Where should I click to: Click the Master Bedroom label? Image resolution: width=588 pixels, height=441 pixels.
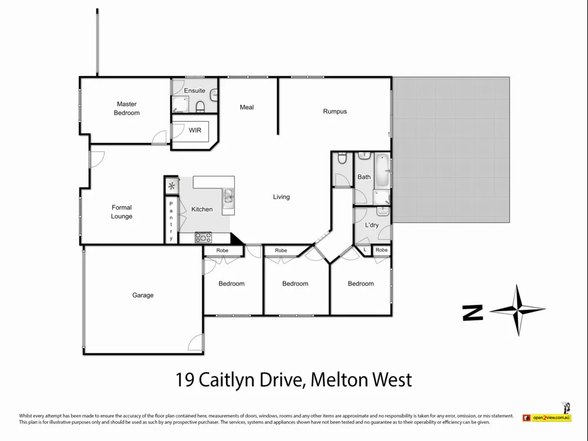(126, 108)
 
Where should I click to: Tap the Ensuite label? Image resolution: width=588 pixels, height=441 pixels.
(195, 91)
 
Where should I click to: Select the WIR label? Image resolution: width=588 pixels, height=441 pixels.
(195, 130)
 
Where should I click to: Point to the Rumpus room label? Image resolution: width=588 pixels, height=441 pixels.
(335, 111)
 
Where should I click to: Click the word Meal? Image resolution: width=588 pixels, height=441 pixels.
(247, 107)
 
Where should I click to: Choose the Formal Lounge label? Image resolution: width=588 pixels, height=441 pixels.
(122, 212)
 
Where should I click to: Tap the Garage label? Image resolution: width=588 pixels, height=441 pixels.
(143, 295)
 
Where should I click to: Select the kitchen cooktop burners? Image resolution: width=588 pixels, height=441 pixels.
(203, 238)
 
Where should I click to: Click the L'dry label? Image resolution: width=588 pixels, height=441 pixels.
(372, 225)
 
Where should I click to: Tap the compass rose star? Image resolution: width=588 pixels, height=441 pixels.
(517, 310)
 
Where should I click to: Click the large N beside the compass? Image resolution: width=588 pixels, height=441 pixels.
(473, 312)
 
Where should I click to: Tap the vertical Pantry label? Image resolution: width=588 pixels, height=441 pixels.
(171, 221)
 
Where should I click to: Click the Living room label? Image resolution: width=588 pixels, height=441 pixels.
(281, 197)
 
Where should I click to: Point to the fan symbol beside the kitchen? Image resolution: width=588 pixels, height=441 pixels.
(171, 186)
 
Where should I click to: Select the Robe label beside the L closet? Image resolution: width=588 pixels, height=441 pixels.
(382, 250)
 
